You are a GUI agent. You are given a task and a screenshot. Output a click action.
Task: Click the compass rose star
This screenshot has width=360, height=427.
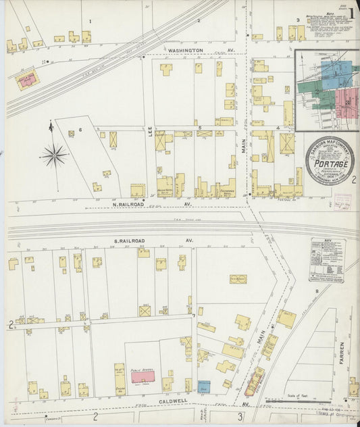[53, 156]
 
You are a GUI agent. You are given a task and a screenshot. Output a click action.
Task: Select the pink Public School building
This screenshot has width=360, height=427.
[142, 377]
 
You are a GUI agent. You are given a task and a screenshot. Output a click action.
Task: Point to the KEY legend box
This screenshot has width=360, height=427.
[327, 259]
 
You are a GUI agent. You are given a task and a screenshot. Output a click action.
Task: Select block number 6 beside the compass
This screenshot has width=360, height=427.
[80, 129]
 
